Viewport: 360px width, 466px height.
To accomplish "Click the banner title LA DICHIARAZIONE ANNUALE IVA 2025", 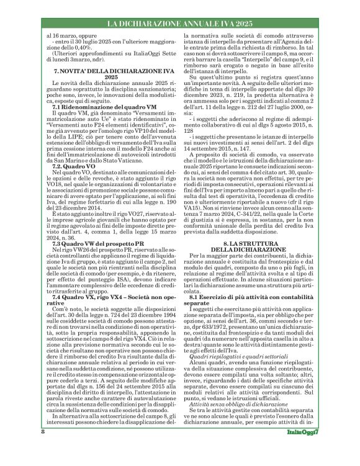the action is coord(179,24).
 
